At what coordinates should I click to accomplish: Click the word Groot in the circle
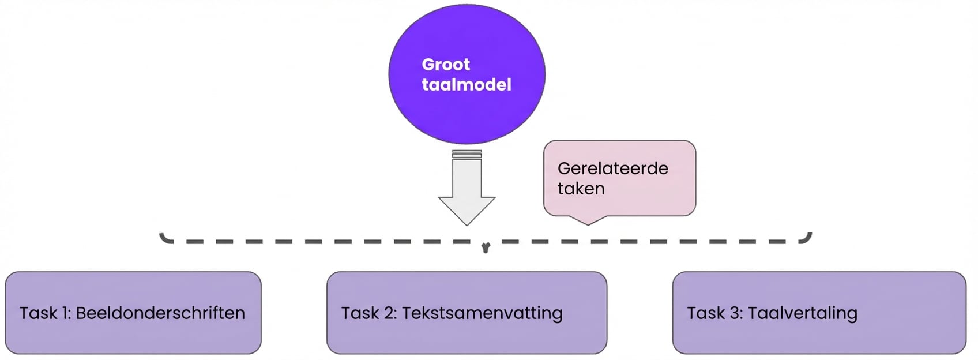pos(446,65)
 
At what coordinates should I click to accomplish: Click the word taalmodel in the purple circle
pos(467,85)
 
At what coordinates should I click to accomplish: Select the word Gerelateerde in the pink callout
pos(612,168)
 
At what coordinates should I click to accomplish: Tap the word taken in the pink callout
pos(581,189)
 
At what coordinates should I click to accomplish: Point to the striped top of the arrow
pos(467,154)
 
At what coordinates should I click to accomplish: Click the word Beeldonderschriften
pos(160,313)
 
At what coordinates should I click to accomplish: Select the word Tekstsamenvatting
pos(482,313)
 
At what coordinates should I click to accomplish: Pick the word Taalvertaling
pos(802,313)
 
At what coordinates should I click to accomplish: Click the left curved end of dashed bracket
pos(164,238)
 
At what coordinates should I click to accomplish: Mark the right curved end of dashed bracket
pos(807,238)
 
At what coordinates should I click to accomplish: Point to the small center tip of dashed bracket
pos(486,249)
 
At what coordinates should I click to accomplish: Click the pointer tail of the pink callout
pos(588,220)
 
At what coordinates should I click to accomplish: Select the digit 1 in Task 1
pos(65,313)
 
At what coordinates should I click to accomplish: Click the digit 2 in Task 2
pos(389,313)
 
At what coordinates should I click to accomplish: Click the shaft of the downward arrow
pos(467,179)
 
